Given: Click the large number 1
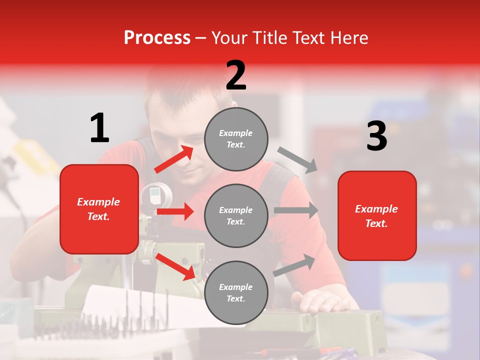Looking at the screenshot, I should (x=99, y=128).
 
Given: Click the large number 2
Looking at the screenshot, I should (x=236, y=75).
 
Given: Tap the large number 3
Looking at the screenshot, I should (x=377, y=136).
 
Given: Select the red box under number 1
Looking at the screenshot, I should (x=99, y=209).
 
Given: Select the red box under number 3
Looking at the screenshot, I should (x=377, y=215).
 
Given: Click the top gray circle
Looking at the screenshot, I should (x=236, y=139).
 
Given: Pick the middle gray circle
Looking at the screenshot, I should (x=236, y=215).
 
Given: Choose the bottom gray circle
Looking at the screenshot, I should (x=236, y=292).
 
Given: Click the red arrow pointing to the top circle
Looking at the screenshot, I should (x=174, y=159).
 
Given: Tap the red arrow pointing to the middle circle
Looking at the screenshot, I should (x=175, y=211).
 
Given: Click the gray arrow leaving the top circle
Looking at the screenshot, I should (x=297, y=160).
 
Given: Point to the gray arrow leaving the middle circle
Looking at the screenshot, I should (x=296, y=210).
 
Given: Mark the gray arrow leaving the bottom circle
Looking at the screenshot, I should (x=294, y=265).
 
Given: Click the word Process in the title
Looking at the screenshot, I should (x=157, y=37).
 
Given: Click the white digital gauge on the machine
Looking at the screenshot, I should (x=153, y=194).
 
